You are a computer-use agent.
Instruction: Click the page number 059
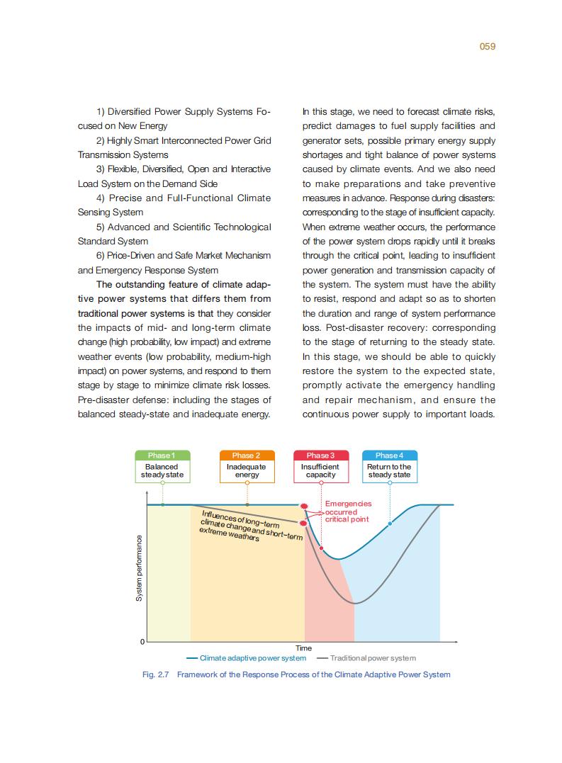[487, 46]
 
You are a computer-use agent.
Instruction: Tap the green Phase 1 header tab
[162, 455]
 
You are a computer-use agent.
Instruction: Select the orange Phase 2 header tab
[247, 455]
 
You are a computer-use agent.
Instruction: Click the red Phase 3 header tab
[320, 455]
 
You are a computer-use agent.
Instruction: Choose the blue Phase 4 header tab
[389, 455]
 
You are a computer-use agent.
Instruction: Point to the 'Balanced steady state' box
[162, 471]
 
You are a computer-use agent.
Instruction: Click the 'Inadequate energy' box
[247, 471]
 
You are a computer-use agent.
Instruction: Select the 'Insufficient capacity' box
[320, 471]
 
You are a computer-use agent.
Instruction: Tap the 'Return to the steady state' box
[389, 471]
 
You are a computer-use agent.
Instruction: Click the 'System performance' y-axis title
[139, 567]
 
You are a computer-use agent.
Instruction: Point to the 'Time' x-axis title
[303, 648]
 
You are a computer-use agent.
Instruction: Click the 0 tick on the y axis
[142, 641]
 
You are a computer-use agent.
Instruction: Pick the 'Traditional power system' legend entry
[373, 658]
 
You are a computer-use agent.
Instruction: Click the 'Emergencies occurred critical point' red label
[347, 512]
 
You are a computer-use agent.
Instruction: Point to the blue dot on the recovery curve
[390, 524]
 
